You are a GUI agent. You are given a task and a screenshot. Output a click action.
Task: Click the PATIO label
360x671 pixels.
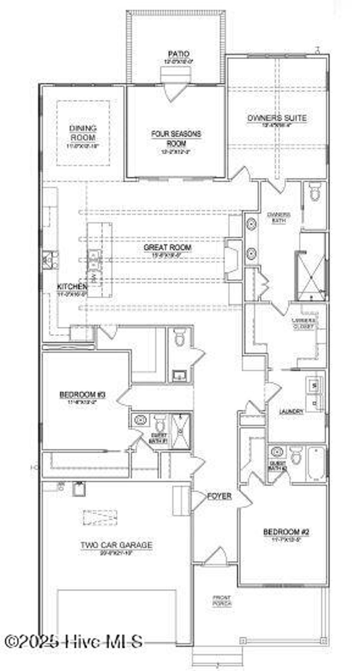pos(179,54)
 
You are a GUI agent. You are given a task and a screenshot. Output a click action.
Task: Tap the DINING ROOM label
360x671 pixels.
pos(83,133)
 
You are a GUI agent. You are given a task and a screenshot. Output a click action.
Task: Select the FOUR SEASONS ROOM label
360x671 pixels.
pos(176,138)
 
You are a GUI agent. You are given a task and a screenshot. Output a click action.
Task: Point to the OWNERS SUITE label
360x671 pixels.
pos(277,118)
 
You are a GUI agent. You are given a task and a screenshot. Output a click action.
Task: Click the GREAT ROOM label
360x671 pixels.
pos(167,247)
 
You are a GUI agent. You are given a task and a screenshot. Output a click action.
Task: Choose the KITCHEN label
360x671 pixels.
pos(72,286)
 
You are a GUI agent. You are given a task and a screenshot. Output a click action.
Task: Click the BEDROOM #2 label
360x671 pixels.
pos(286,532)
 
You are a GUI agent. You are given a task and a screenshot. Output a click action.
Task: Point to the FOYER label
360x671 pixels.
pos(219,496)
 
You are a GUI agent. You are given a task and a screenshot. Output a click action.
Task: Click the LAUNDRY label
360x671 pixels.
pos(291,411)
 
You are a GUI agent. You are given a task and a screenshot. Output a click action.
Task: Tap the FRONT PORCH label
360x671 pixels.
pos(222,600)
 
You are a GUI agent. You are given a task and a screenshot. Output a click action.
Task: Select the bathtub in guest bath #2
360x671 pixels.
pos(316,464)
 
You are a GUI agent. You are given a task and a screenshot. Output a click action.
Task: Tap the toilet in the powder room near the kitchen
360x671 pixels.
pos(180,338)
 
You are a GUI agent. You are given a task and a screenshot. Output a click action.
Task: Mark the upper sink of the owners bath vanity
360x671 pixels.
pos(251,224)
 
